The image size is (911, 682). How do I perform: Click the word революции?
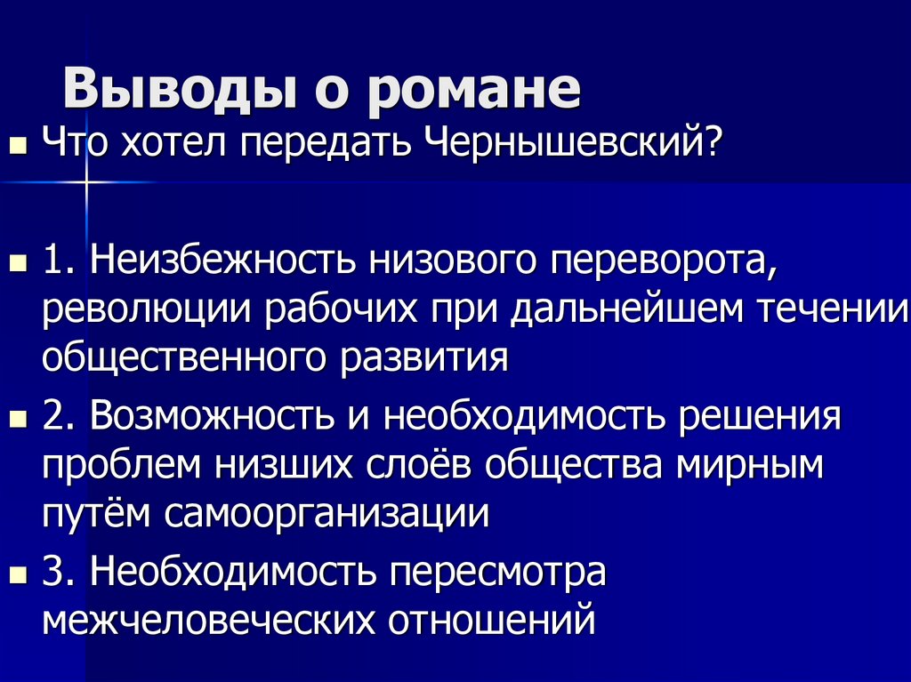(x=144, y=311)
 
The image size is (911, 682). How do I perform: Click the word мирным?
(x=748, y=466)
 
